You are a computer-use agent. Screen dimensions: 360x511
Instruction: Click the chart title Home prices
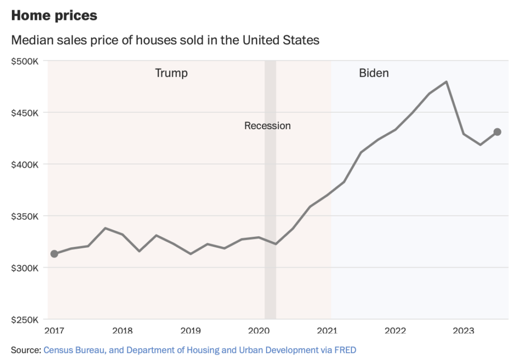point(54,15)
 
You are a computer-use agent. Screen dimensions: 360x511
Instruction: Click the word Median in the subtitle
point(30,40)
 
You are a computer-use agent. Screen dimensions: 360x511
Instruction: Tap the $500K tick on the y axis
point(25,61)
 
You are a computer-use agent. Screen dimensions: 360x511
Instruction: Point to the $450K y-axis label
point(25,113)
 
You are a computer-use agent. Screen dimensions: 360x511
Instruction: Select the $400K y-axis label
point(25,164)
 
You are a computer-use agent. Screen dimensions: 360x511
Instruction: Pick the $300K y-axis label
point(25,268)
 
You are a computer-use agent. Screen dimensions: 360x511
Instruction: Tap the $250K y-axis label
point(25,320)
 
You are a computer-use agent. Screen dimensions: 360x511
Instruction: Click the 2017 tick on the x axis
point(54,330)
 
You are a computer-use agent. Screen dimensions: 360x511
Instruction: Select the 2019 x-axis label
point(191,330)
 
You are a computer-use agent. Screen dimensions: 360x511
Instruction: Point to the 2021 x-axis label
point(327,330)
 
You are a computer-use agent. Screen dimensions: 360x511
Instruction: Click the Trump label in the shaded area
point(171,73)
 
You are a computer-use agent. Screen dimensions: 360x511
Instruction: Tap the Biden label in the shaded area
point(374,73)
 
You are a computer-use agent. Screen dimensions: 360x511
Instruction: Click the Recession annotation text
point(267,126)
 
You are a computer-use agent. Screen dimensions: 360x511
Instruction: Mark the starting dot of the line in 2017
point(54,254)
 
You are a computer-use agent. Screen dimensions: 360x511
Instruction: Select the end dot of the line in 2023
point(497,132)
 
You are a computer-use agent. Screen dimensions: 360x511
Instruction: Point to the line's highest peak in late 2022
point(446,82)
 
